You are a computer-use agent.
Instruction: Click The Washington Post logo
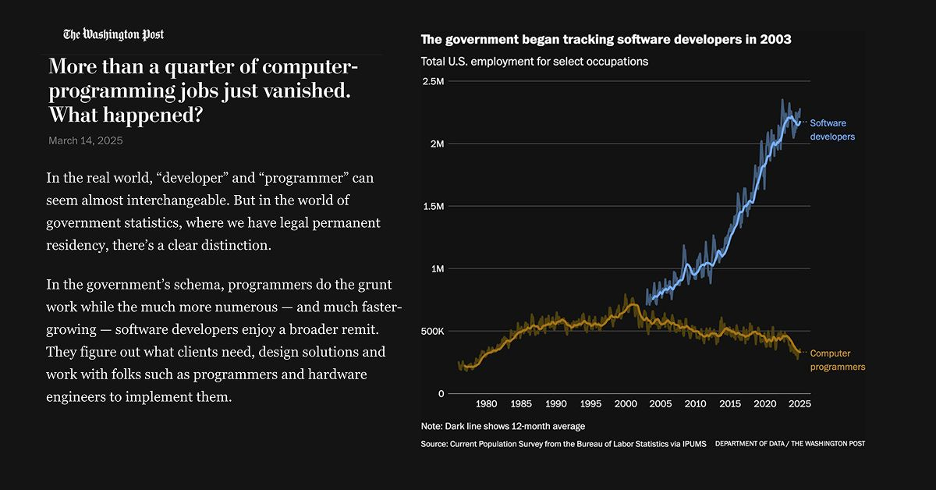pyautogui.click(x=114, y=34)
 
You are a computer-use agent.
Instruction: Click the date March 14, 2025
pyautogui.click(x=85, y=140)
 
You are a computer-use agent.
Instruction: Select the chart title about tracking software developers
pyautogui.click(x=606, y=40)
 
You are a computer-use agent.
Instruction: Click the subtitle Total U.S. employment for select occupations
pyautogui.click(x=534, y=61)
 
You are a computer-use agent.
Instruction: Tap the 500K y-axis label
pyautogui.click(x=432, y=331)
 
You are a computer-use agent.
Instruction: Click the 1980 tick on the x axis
pyautogui.click(x=486, y=404)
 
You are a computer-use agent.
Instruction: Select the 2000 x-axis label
pyautogui.click(x=626, y=404)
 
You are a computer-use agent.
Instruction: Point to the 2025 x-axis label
pyautogui.click(x=799, y=404)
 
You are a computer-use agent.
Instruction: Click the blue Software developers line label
pyautogui.click(x=831, y=130)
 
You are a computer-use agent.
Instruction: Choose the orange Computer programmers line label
pyautogui.click(x=837, y=360)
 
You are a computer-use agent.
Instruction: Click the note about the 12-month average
pyautogui.click(x=502, y=426)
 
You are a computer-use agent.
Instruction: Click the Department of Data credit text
pyautogui.click(x=789, y=444)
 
